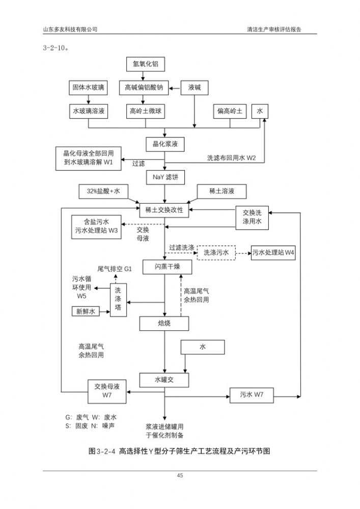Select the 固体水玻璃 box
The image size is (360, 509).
point(89,88)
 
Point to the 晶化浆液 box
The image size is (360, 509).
point(164,144)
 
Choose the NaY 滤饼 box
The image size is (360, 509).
point(164,177)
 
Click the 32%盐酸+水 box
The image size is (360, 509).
point(104,191)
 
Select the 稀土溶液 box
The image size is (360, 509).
point(221,191)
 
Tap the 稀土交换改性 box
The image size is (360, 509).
point(164,210)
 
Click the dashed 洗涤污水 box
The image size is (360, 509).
point(216,252)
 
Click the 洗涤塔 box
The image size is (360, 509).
point(118,300)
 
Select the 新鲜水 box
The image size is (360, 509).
point(86,312)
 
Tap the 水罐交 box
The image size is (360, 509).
point(164,379)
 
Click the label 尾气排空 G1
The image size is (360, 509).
point(114,268)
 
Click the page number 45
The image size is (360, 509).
point(180,475)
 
